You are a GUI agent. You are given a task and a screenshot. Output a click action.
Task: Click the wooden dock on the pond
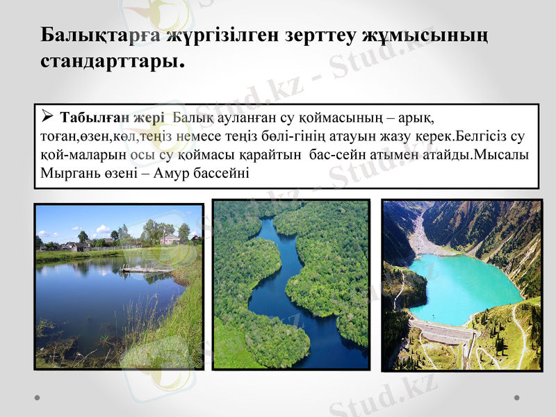click(x=147, y=270)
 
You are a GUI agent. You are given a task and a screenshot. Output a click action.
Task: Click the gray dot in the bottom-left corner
click(x=37, y=398)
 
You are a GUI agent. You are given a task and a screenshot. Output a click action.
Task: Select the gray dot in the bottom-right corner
click(x=517, y=398)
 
